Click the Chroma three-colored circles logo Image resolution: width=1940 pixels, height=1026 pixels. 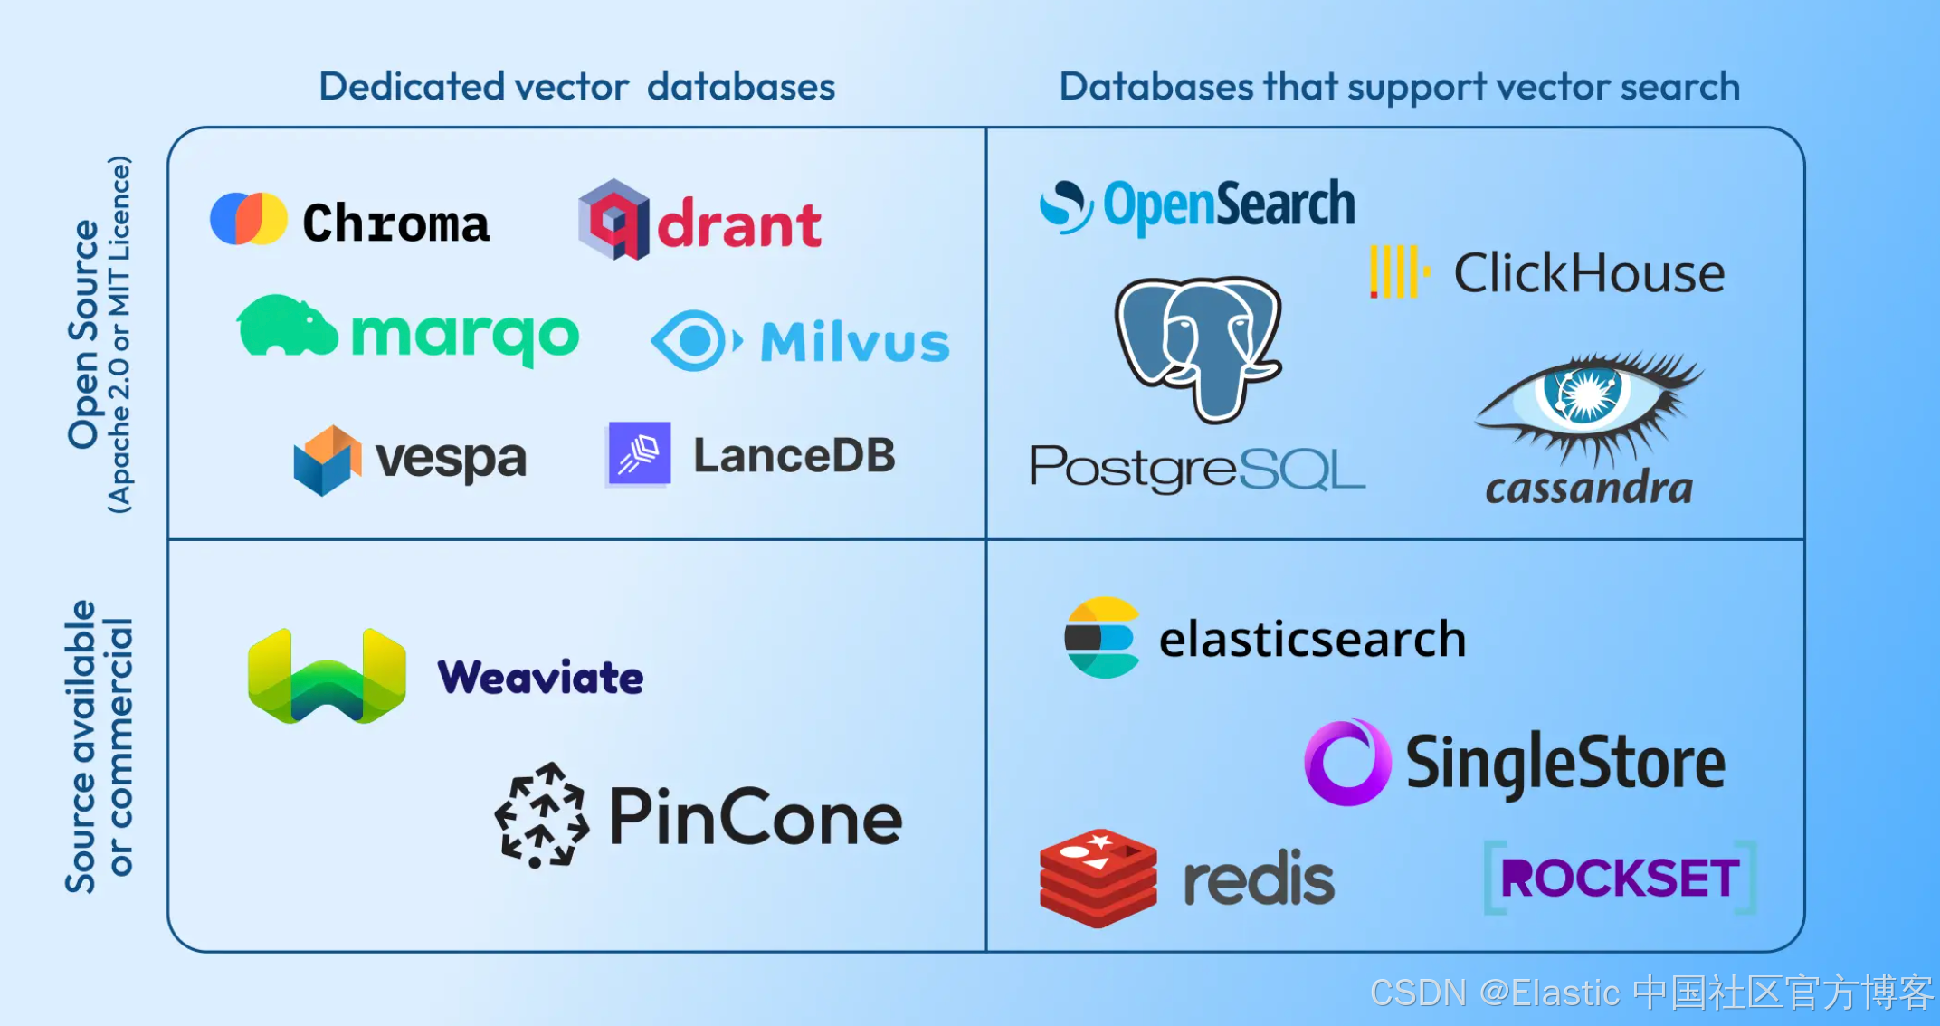point(248,219)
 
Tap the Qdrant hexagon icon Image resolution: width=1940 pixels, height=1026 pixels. point(613,220)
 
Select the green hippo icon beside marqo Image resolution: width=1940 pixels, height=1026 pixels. point(286,327)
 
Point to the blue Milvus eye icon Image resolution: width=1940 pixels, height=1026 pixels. point(695,341)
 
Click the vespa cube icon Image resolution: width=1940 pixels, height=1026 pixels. point(327,460)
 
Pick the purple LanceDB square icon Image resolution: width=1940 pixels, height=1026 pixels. point(639,454)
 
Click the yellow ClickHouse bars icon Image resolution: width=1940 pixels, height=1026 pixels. point(1398,271)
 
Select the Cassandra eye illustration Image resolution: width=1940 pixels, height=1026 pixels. point(1588,402)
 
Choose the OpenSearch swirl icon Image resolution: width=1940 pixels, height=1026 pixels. point(1066,206)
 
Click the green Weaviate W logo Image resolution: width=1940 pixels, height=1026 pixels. point(327,677)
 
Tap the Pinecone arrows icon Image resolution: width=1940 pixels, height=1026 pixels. point(542,815)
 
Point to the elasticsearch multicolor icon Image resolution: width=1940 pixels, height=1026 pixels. point(1100,638)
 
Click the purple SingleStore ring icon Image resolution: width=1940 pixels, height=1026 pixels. point(1346,763)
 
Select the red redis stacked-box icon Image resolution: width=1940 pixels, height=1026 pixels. point(1098,878)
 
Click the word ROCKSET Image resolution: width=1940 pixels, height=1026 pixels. point(1620,878)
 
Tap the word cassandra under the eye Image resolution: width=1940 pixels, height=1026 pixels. point(1589,489)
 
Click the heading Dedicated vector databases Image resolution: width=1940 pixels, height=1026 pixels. point(577,87)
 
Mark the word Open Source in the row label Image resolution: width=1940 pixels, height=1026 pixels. point(84,335)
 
